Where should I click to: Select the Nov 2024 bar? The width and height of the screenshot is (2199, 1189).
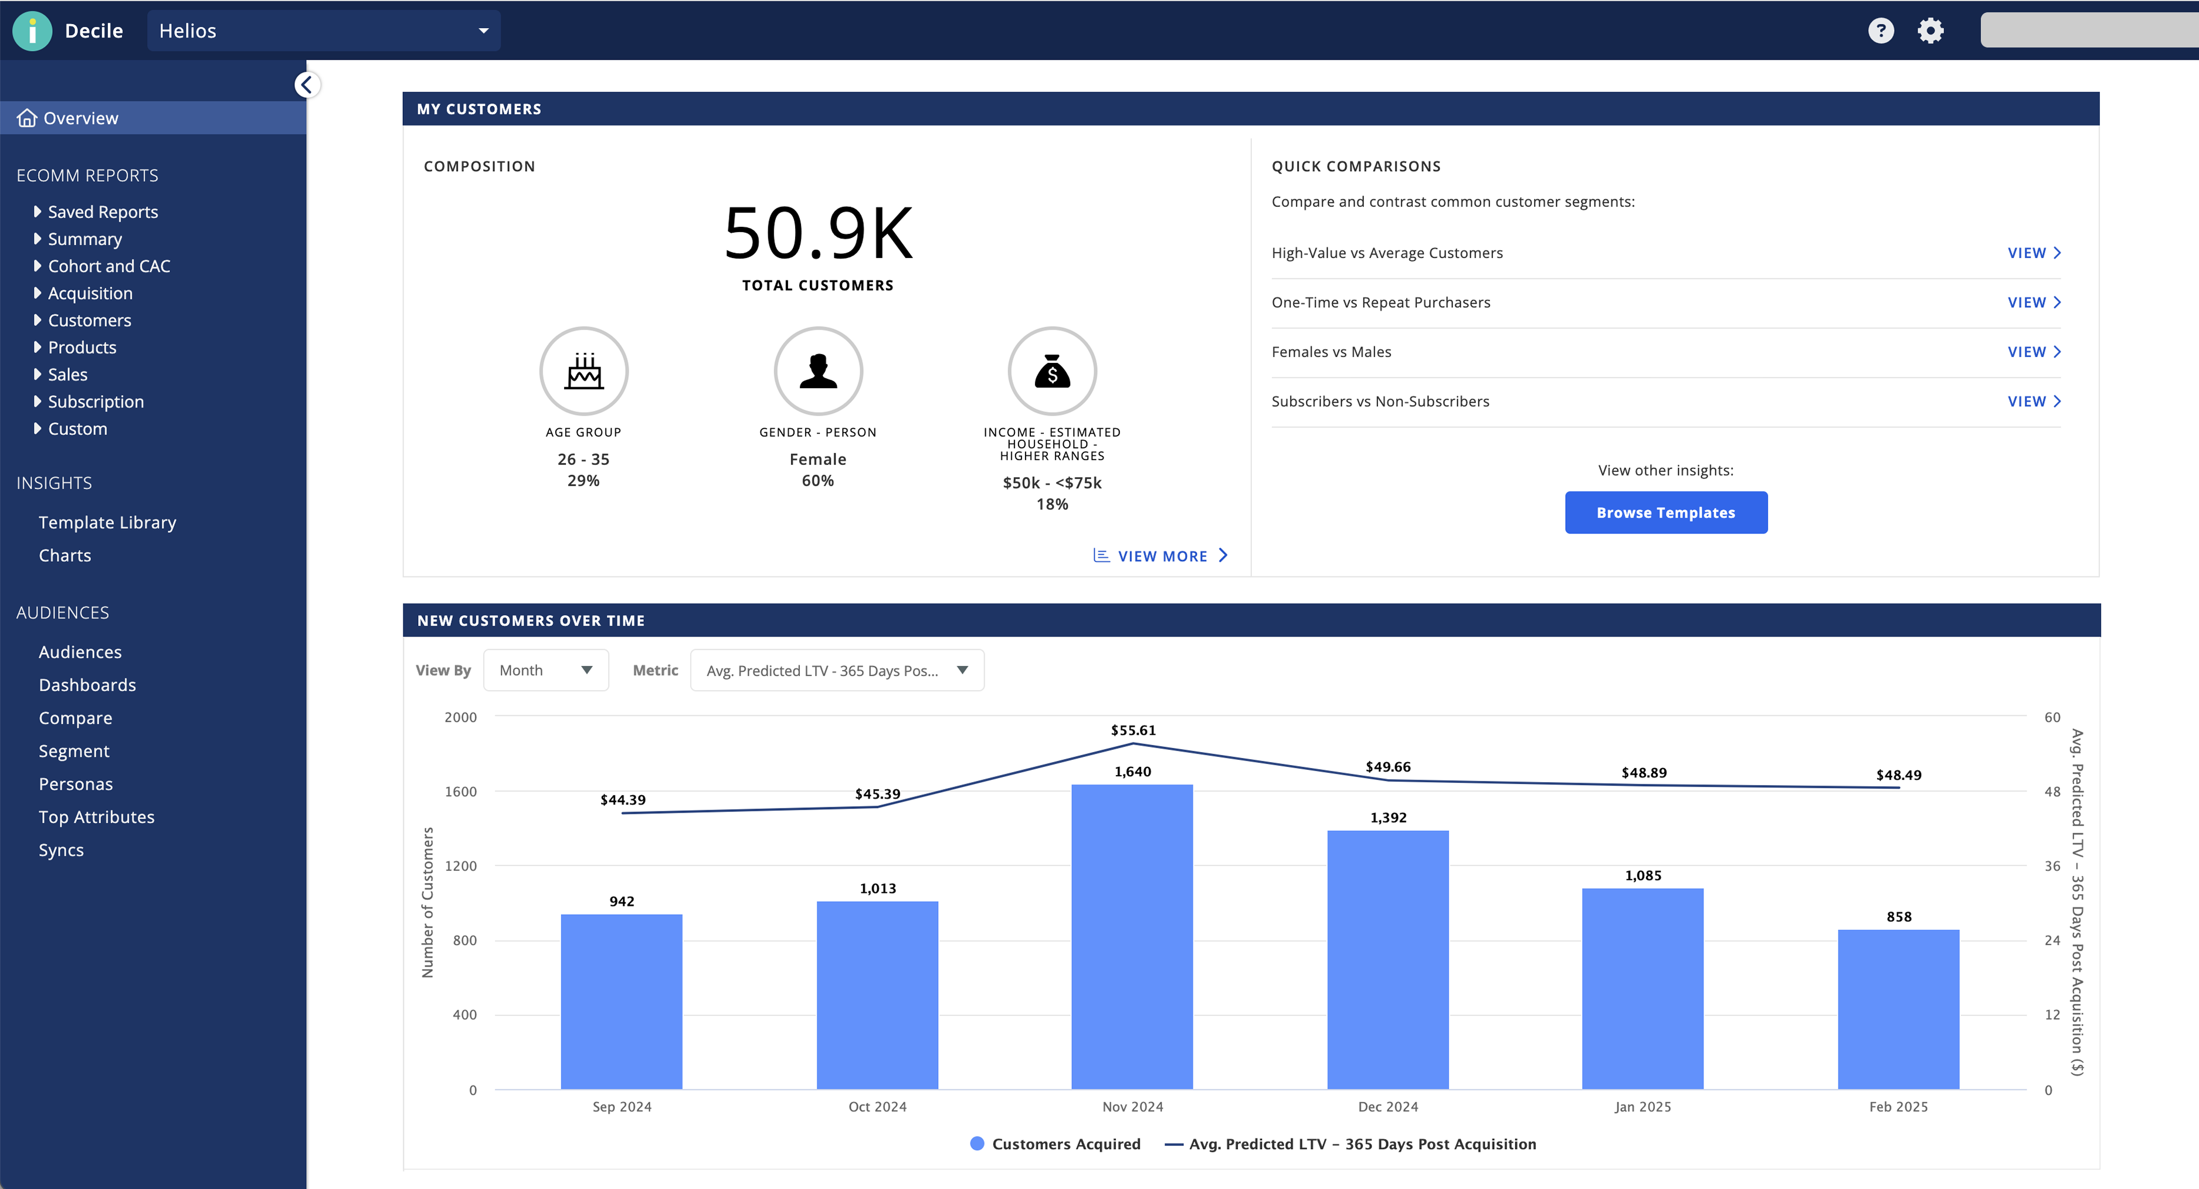click(1132, 936)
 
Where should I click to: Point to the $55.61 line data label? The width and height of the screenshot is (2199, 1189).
click(1133, 731)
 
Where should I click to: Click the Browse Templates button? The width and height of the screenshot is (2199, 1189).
click(1665, 512)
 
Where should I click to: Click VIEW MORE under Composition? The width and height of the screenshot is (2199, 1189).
click(1161, 556)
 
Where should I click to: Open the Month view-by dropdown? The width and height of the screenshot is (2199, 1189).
click(545, 670)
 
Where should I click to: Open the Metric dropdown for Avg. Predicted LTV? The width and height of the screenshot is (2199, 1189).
click(836, 670)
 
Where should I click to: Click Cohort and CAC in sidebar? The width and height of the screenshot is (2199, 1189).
click(108, 266)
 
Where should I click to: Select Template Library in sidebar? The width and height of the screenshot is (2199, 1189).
click(107, 522)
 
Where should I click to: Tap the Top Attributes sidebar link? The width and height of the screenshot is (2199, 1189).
click(96, 817)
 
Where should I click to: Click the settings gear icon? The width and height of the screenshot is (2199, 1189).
click(1930, 30)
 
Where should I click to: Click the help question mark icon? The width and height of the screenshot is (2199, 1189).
click(1881, 30)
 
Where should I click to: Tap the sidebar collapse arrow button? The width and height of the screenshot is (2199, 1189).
click(307, 84)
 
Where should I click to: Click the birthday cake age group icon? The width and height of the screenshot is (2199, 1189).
click(584, 371)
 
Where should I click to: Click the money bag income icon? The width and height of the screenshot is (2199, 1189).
click(1051, 371)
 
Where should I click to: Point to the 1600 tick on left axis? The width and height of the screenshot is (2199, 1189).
click(460, 791)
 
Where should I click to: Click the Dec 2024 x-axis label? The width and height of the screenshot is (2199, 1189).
click(1387, 1106)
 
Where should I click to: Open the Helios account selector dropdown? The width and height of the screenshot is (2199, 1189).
click(324, 30)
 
